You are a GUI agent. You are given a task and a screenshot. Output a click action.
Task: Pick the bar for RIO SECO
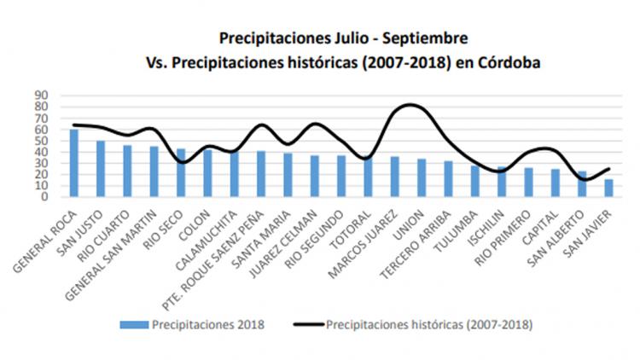point(181,172)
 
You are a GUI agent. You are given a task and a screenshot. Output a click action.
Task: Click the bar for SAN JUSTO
point(101,168)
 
